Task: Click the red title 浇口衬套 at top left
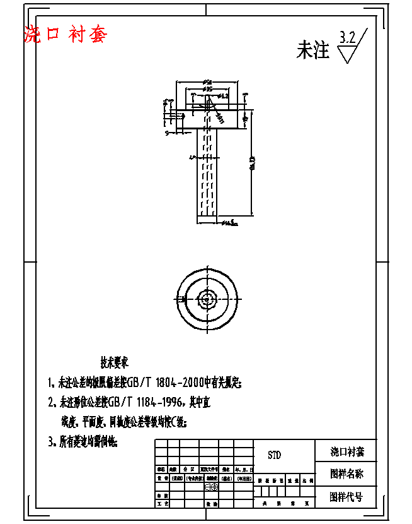tap(65, 34)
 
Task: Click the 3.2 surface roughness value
tap(346, 37)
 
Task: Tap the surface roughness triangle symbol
tap(348, 54)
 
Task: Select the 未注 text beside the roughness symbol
tap(312, 51)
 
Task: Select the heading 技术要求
tap(114, 363)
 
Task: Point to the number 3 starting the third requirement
tap(50, 442)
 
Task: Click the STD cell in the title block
tap(274, 455)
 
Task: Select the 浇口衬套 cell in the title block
tap(346, 451)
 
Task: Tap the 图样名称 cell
tap(346, 473)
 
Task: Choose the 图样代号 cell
tap(346, 496)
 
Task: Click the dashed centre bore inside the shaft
tap(207, 170)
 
